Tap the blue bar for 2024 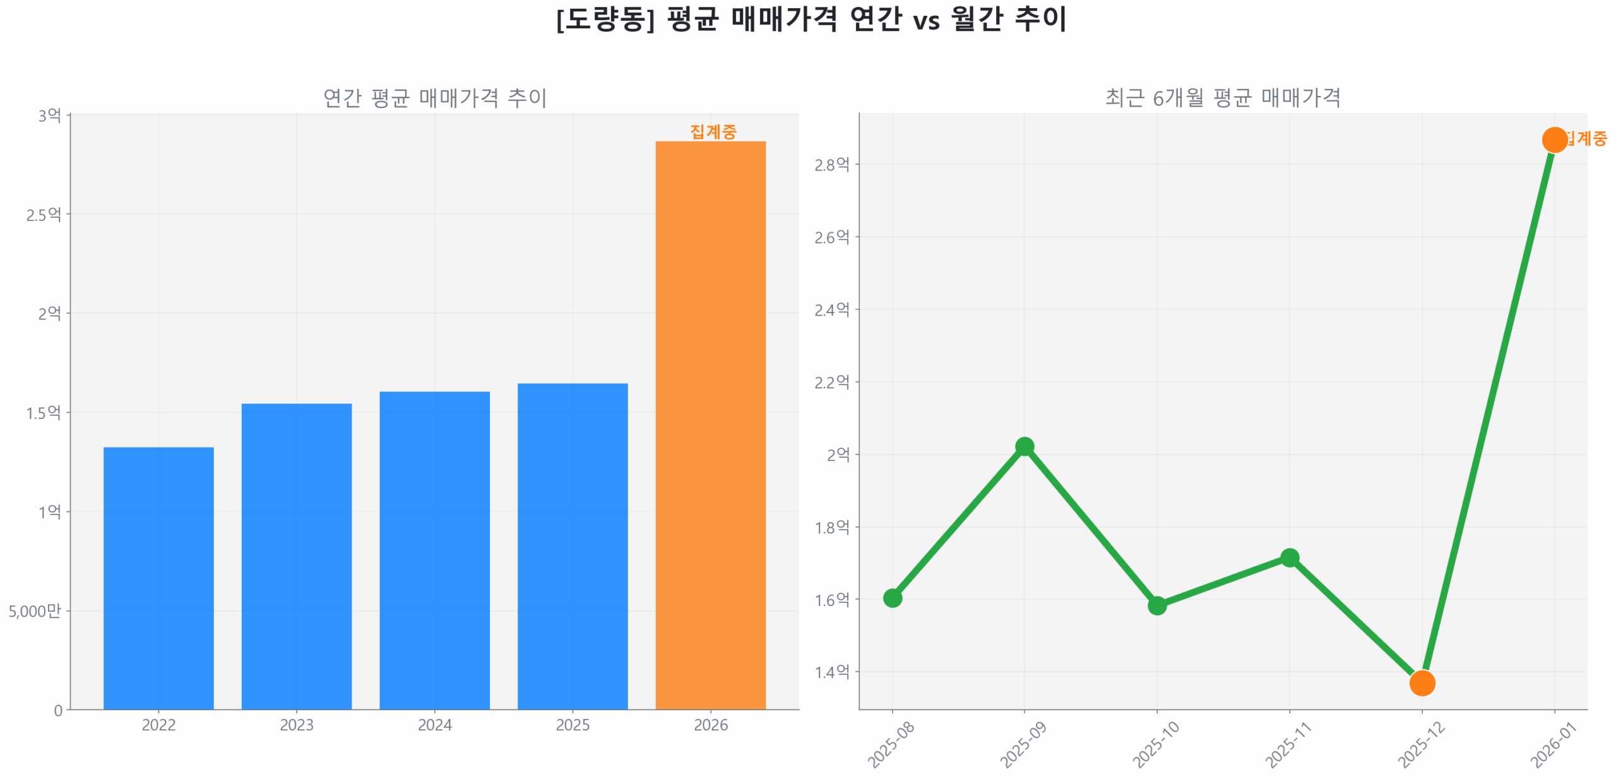434,550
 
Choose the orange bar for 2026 710,425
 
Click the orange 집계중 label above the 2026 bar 713,131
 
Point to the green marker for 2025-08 892,597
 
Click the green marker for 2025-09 1024,446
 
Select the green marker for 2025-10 1156,605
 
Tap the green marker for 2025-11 1289,557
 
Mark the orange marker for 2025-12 1422,682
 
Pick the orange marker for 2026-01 1554,140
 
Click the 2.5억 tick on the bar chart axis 44,215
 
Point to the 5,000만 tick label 35,610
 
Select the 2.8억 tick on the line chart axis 831,165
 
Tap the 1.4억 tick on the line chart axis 831,672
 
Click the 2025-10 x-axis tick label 1155,744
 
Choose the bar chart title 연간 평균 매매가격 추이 435,98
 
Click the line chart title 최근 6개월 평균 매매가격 1222,98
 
